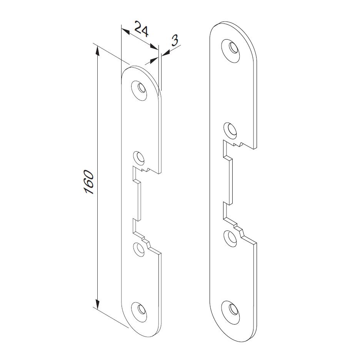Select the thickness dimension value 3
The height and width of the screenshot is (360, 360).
point(175,40)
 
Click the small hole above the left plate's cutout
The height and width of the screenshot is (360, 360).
point(138,157)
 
